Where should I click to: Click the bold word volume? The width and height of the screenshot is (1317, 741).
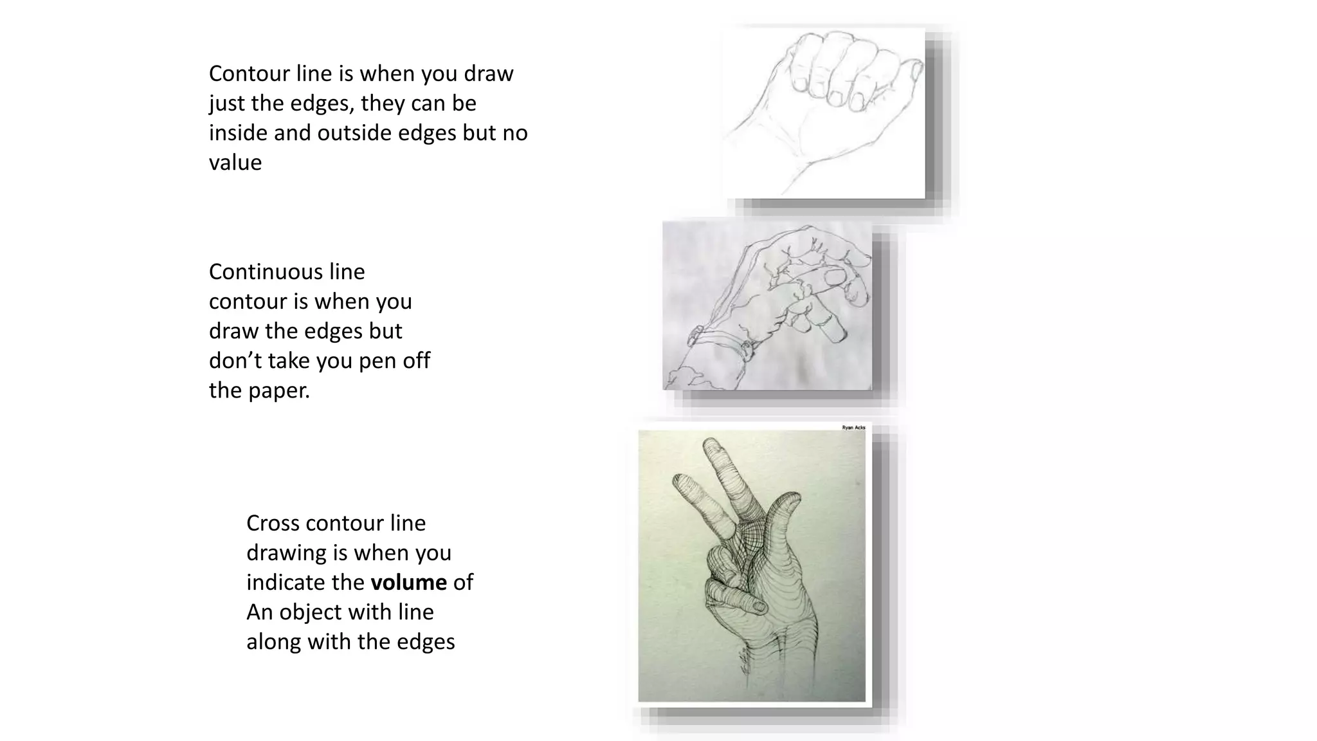(408, 582)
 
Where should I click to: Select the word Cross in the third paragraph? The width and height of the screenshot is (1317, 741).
(273, 523)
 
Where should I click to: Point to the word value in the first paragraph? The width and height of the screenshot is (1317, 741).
(235, 162)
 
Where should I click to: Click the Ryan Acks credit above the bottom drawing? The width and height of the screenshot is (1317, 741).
(853, 427)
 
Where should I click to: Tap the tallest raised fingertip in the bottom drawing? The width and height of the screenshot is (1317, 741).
(711, 445)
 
